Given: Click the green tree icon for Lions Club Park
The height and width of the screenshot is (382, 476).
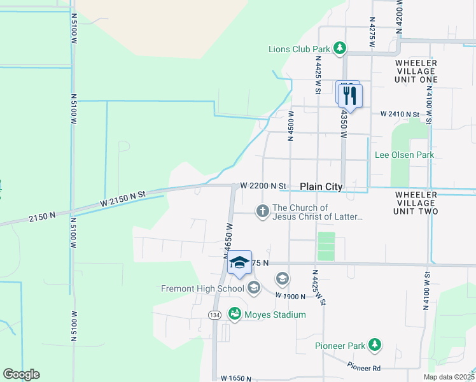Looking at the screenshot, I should click(x=340, y=48).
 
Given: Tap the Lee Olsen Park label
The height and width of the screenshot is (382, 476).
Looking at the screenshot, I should click(x=404, y=155).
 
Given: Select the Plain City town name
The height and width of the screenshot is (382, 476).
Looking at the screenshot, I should click(x=321, y=187).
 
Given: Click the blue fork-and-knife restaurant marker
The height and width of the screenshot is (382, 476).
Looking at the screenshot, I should click(x=349, y=95).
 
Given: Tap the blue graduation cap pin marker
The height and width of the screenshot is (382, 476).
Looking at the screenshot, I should click(x=239, y=262).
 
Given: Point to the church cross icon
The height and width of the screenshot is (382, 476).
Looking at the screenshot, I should click(x=262, y=211).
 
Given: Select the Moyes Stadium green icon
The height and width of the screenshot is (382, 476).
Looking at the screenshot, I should click(x=235, y=314).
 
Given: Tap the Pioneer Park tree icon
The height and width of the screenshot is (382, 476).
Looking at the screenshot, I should click(x=375, y=345).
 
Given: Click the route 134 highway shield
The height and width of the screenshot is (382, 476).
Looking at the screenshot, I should click(x=214, y=315).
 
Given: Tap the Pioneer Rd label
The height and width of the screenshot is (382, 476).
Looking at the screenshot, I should click(x=364, y=367).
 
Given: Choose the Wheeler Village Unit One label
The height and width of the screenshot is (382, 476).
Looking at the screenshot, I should click(x=416, y=71).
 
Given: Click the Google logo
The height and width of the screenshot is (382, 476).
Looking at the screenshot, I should click(x=21, y=374).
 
